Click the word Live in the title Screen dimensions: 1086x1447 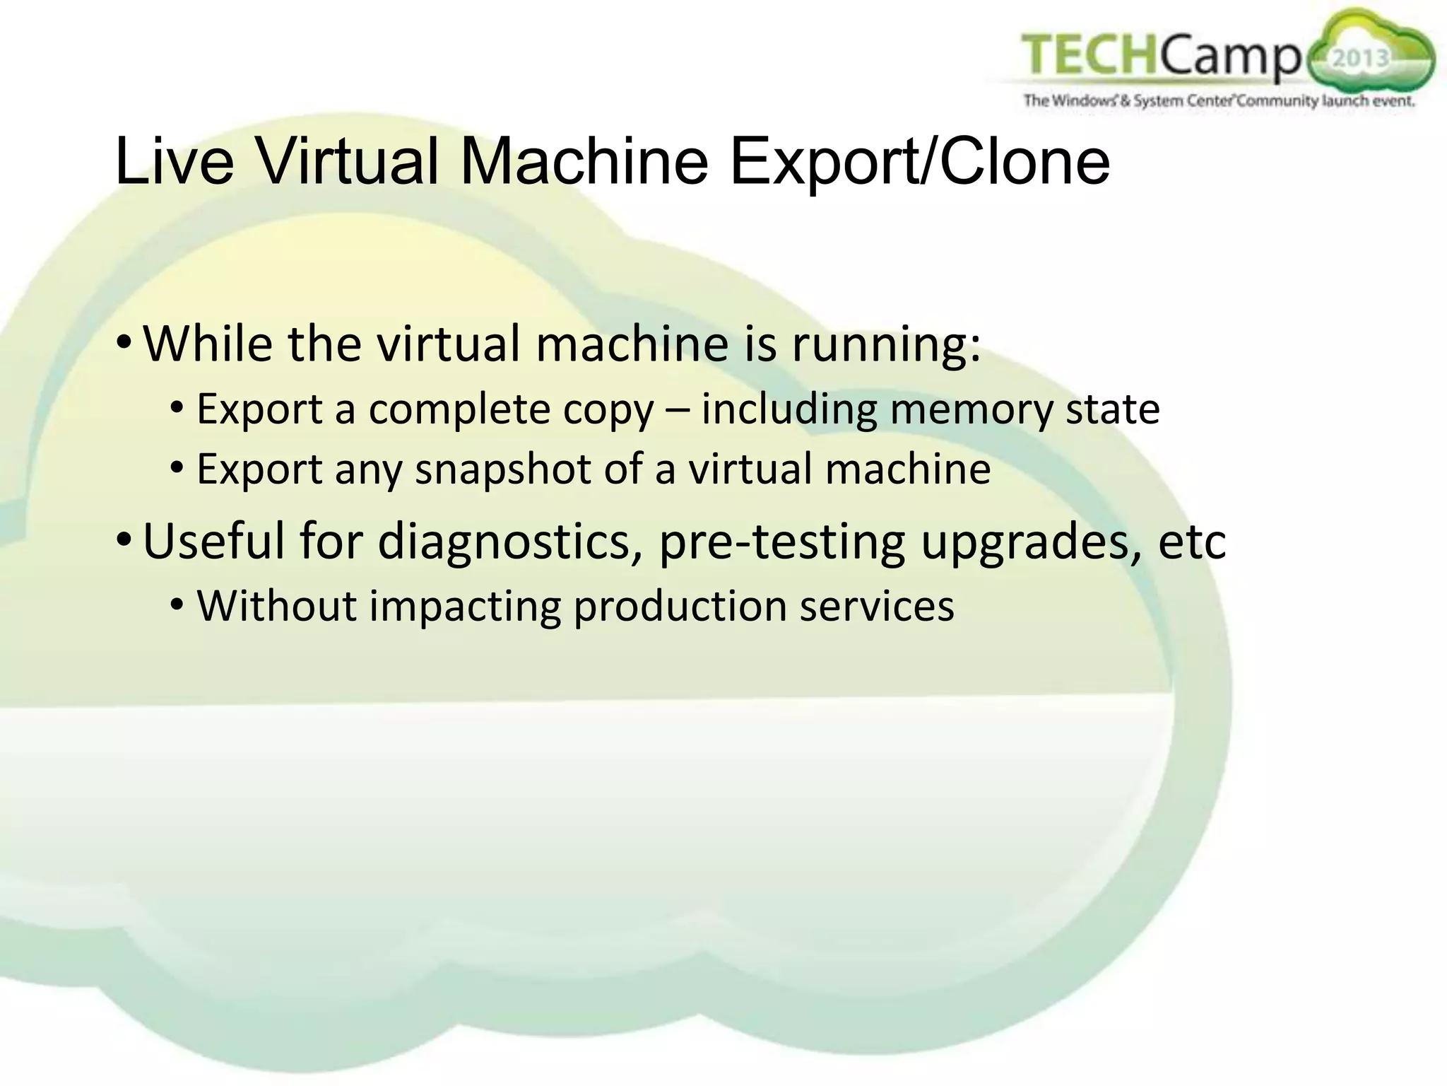(x=174, y=162)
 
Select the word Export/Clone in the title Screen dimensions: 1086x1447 (x=919, y=162)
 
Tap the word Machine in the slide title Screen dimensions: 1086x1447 (x=584, y=162)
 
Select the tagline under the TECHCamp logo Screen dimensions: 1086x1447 (x=1219, y=101)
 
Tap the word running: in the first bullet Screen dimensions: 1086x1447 (x=886, y=345)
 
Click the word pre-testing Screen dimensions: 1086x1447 (x=781, y=542)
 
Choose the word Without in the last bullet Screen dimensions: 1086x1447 (x=276, y=606)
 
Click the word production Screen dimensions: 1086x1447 (x=680, y=607)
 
